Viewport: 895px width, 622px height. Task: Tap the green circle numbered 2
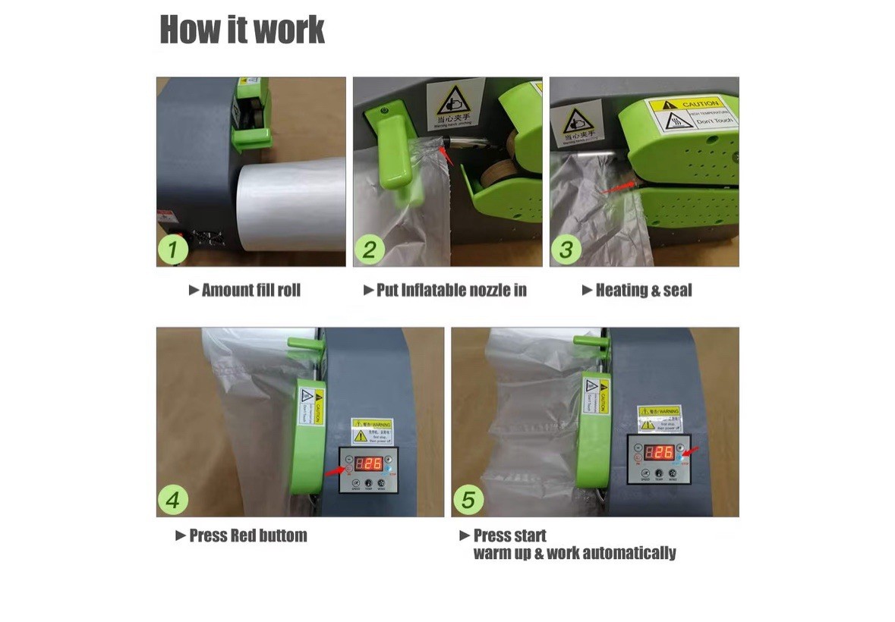pyautogui.click(x=370, y=250)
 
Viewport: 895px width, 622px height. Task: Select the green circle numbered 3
pyautogui.click(x=566, y=250)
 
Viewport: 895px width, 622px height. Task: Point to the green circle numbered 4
pyautogui.click(x=174, y=500)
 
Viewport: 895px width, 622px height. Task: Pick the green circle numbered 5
pyautogui.click(x=468, y=500)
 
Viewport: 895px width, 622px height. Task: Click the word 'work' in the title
pyautogui.click(x=289, y=30)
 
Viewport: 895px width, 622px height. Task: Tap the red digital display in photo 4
pyautogui.click(x=369, y=464)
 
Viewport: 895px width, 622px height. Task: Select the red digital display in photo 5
pyautogui.click(x=658, y=452)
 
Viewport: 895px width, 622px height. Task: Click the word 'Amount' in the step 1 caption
pyautogui.click(x=228, y=290)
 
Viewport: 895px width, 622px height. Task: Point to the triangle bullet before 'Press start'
pyautogui.click(x=465, y=536)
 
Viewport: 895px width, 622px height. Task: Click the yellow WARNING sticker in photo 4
pyautogui.click(x=371, y=430)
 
